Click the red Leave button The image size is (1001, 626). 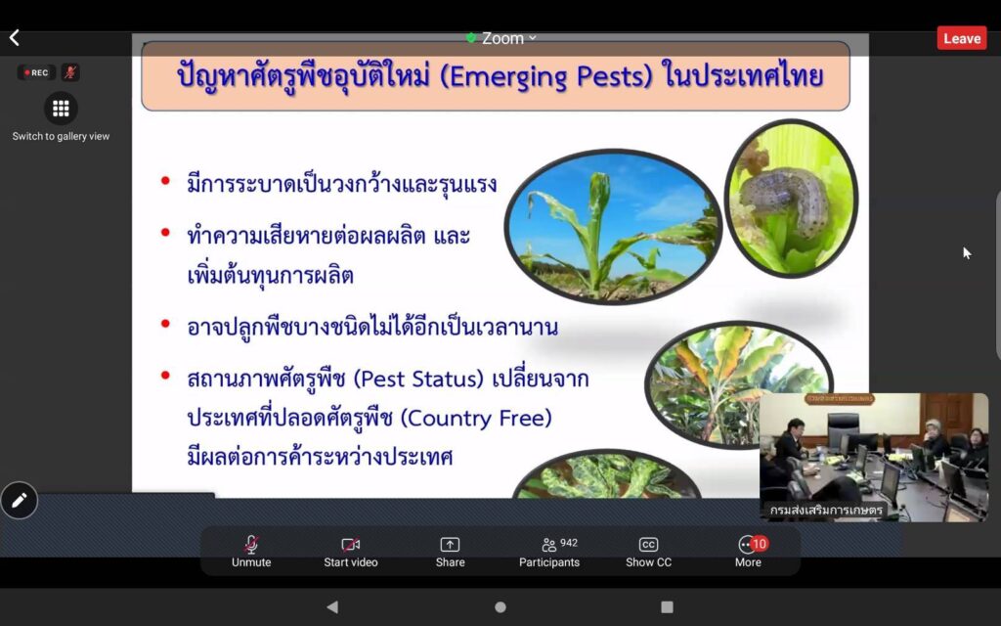tap(962, 38)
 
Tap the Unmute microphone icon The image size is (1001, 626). tap(251, 544)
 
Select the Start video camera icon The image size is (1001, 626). tap(351, 544)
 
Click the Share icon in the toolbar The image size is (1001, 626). tap(450, 544)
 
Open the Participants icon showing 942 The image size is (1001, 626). tap(549, 545)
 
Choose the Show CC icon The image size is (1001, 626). tap(648, 544)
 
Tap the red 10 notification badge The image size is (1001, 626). tap(759, 544)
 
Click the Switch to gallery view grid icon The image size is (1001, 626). tap(61, 109)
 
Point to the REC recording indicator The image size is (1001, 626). tap(36, 72)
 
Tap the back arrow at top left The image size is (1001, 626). tap(14, 38)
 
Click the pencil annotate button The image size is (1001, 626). tap(20, 500)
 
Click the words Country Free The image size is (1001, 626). tap(476, 418)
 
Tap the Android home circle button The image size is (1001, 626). tap(500, 606)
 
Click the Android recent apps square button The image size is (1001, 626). tap(667, 606)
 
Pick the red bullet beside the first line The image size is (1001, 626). tap(165, 181)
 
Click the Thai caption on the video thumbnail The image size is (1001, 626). tap(826, 510)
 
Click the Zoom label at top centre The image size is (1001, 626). tap(502, 38)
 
